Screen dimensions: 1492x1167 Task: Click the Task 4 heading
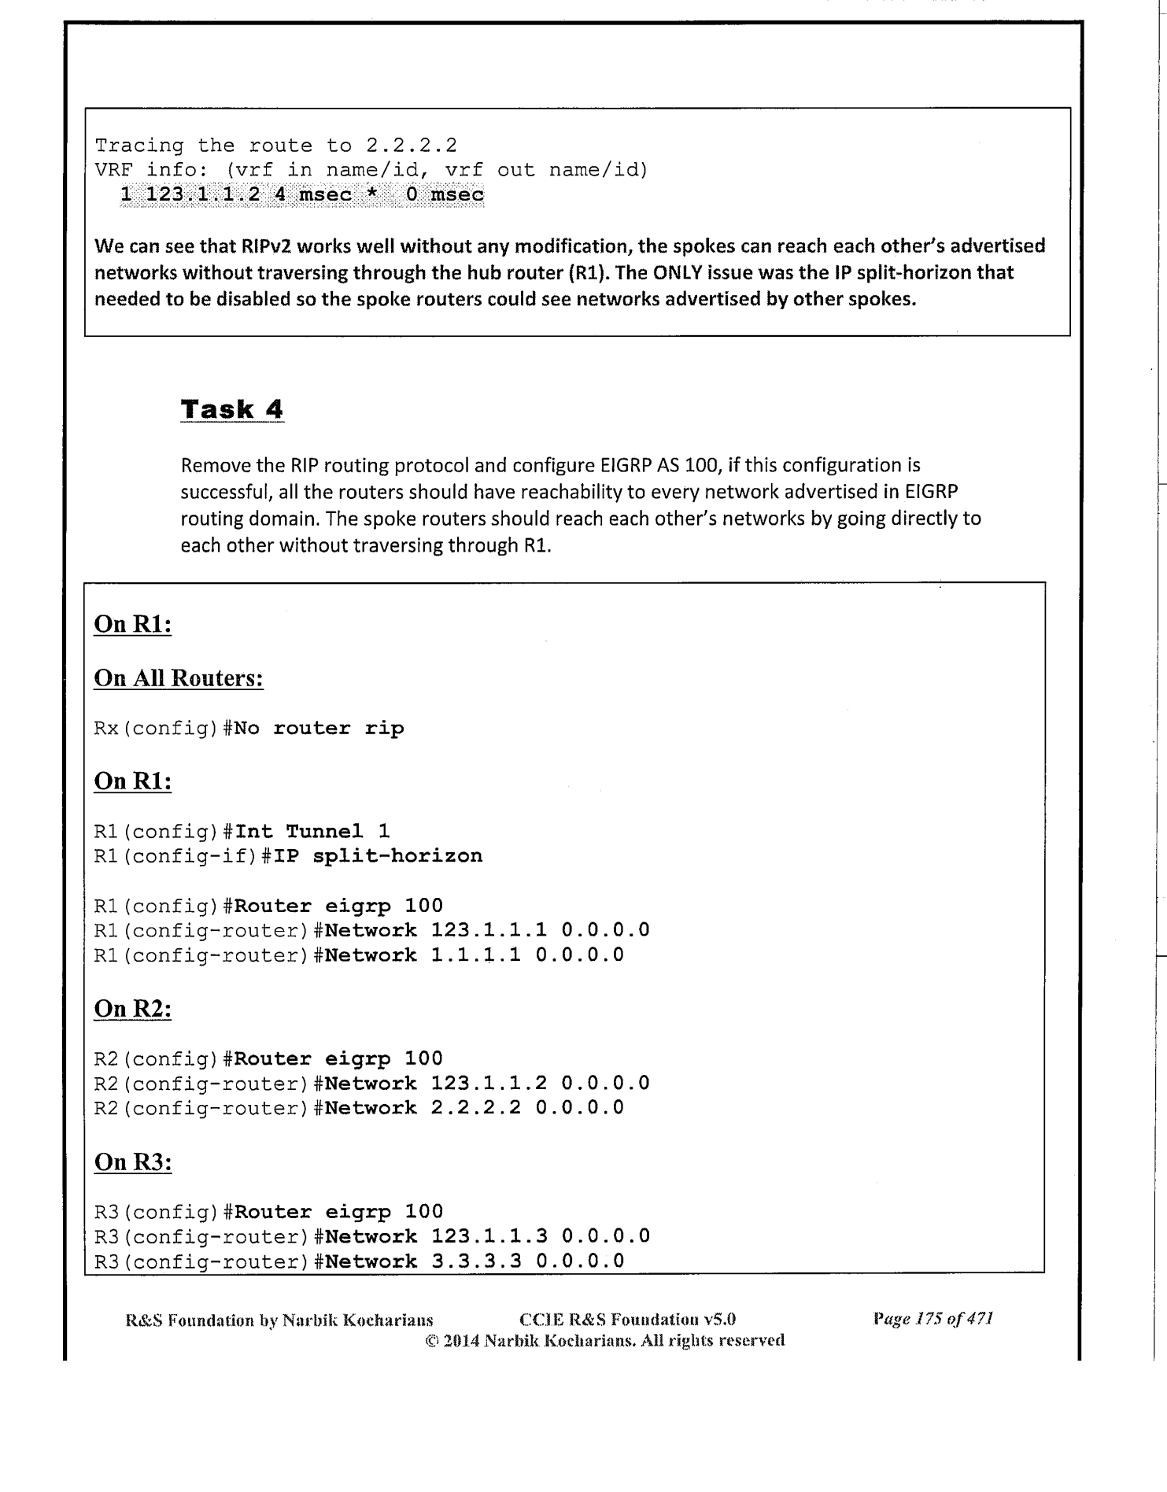pyautogui.click(x=232, y=409)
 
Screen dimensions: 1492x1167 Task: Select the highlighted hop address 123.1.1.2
pyautogui.click(x=202, y=194)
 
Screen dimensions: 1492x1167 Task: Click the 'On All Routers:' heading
pyautogui.click(x=179, y=678)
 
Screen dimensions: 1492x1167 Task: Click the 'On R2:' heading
pyautogui.click(x=133, y=1008)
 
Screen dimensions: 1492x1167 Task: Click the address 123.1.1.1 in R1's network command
pyautogui.click(x=489, y=931)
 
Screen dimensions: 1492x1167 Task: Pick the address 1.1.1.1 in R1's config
pyautogui.click(x=475, y=955)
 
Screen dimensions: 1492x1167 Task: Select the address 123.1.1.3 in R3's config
pyautogui.click(x=489, y=1236)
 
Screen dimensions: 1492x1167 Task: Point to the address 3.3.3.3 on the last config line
pyautogui.click(x=475, y=1261)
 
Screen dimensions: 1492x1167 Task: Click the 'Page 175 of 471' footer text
pyautogui.click(x=932, y=1319)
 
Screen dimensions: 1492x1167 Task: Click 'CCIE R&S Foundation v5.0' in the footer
pyautogui.click(x=627, y=1319)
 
